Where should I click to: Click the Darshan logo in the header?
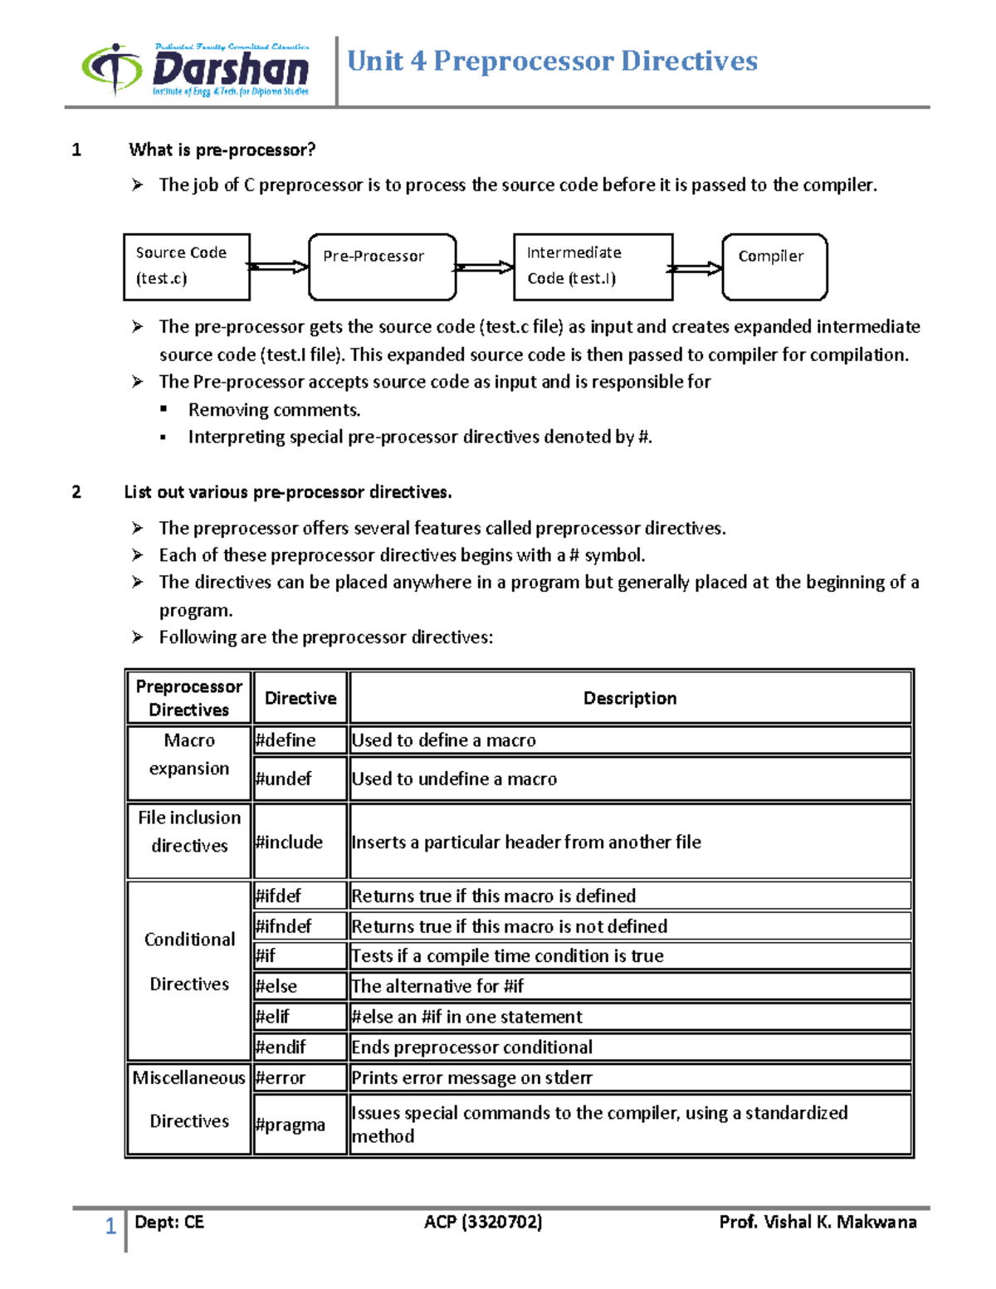tap(196, 70)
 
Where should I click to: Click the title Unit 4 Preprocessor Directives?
tap(552, 61)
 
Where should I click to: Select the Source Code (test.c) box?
tap(187, 266)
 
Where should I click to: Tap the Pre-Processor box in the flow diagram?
tap(382, 266)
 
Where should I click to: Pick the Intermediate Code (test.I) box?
tap(593, 266)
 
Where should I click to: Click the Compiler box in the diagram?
tap(774, 266)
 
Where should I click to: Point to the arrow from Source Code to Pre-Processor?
tap(278, 266)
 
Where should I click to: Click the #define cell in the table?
tap(300, 740)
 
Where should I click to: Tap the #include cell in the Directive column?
tap(300, 842)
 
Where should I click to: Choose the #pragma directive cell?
tap(300, 1125)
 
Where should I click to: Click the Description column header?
tap(630, 698)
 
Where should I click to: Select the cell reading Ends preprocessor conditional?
tap(630, 1047)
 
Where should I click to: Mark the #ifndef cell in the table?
tap(300, 925)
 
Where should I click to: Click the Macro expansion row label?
tap(189, 754)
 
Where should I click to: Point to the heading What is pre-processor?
tap(222, 150)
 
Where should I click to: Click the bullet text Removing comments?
tap(274, 410)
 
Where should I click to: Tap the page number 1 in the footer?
tap(110, 1226)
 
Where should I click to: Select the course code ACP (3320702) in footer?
tap(483, 1222)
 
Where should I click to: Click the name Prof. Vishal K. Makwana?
tap(818, 1222)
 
